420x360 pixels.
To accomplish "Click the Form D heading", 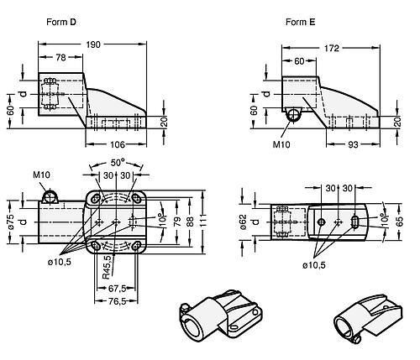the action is pyautogui.click(x=61, y=22).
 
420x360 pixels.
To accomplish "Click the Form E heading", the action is pyautogui.click(x=300, y=22).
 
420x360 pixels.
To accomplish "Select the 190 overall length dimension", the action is pyautogui.click(x=93, y=44).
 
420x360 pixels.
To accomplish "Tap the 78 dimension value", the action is pyautogui.click(x=60, y=57).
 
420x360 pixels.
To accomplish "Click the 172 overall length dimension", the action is pyautogui.click(x=332, y=49).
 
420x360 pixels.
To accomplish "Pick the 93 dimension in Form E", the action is pyautogui.click(x=353, y=144).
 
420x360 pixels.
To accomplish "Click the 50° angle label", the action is pyautogui.click(x=118, y=163).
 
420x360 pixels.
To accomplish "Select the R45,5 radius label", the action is pyautogui.click(x=107, y=268).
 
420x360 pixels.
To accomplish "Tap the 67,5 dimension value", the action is pyautogui.click(x=117, y=288).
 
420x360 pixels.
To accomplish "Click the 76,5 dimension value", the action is pyautogui.click(x=117, y=301).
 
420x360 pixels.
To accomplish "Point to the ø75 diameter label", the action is pyautogui.click(x=11, y=222).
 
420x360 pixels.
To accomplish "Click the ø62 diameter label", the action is pyautogui.click(x=244, y=222).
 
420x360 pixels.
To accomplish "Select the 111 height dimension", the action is pyautogui.click(x=203, y=221).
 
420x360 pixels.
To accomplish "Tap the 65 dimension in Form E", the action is pyautogui.click(x=401, y=222).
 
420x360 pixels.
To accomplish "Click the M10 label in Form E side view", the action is pyautogui.click(x=281, y=144).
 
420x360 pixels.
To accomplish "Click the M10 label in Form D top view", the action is pyautogui.click(x=41, y=175).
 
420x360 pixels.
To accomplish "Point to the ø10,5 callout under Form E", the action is pyautogui.click(x=314, y=265).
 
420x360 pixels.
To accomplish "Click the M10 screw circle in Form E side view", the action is pyautogui.click(x=293, y=115).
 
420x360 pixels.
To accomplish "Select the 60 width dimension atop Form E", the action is pyautogui.click(x=299, y=61).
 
